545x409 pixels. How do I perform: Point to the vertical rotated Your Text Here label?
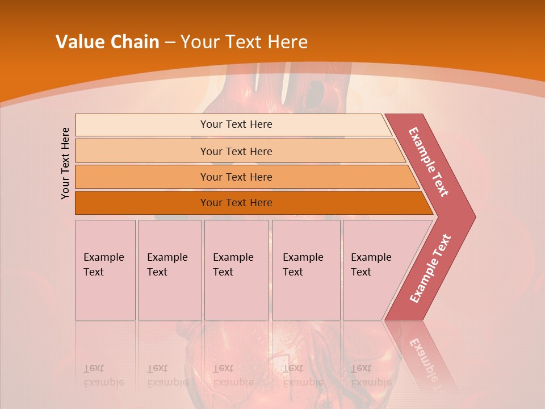point(65,163)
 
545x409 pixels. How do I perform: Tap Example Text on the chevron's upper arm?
point(429,162)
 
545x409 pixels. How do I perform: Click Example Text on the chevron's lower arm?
point(430,268)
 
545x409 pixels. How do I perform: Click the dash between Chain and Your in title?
point(170,43)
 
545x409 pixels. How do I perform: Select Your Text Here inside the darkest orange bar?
point(236,203)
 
